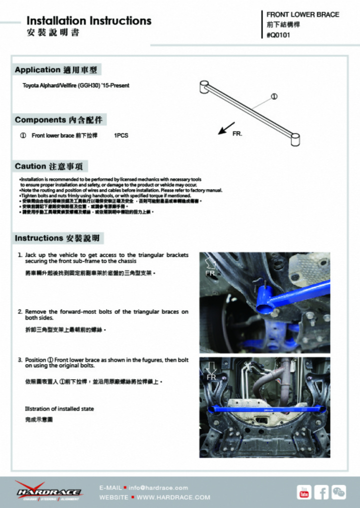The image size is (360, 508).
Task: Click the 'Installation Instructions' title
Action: [88, 21]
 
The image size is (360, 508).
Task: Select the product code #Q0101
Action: [278, 35]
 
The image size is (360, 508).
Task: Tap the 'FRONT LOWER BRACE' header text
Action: [302, 14]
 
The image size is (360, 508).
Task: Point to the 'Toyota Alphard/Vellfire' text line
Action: [75, 85]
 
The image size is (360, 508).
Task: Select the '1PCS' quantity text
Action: [121, 135]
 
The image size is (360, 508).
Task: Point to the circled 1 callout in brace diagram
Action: [274, 96]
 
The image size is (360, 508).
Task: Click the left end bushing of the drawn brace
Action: [204, 87]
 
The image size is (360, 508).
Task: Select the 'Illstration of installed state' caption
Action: [59, 409]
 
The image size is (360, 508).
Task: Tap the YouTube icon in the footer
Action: [303, 492]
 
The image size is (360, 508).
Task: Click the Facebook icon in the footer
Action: [321, 492]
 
